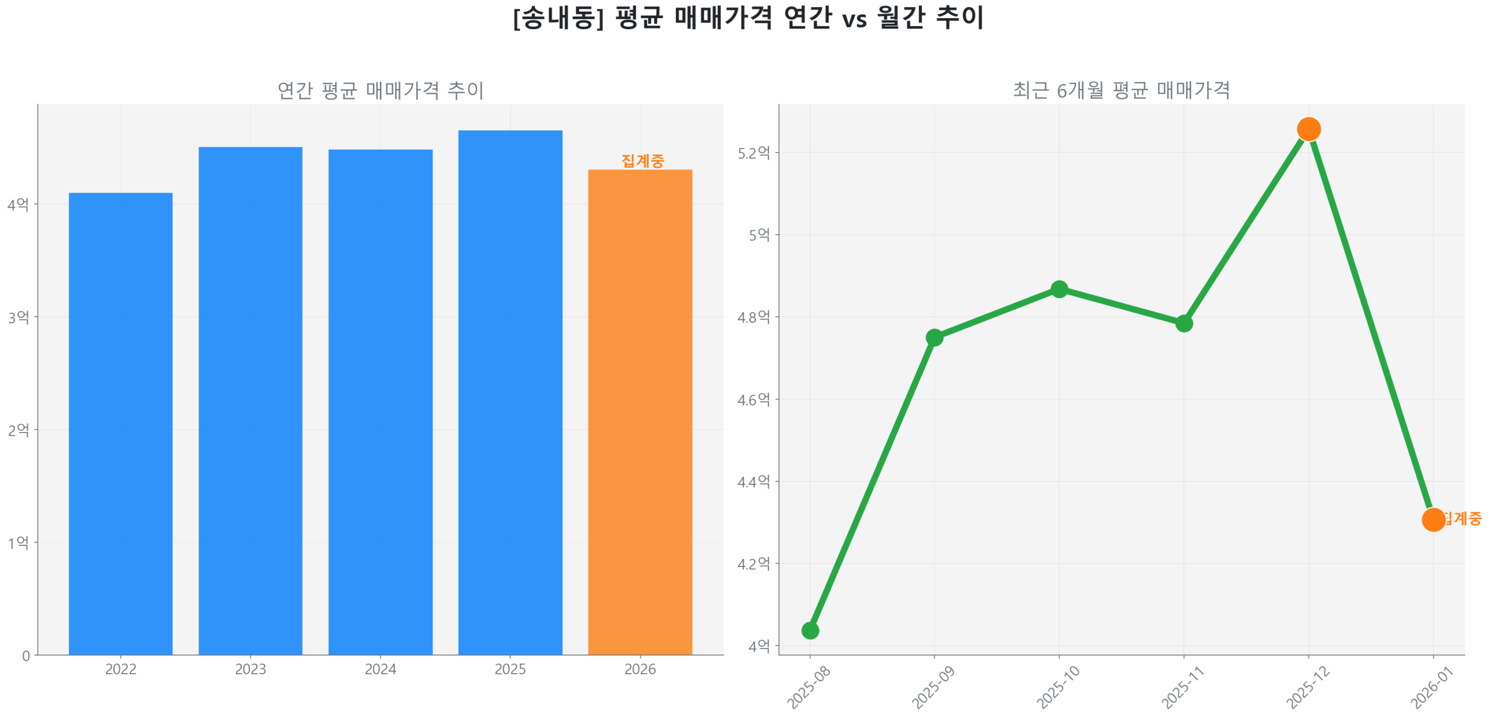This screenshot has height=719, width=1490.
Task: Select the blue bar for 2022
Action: click(120, 423)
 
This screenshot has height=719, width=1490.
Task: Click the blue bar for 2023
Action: click(250, 401)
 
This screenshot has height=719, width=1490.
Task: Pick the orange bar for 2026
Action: click(640, 412)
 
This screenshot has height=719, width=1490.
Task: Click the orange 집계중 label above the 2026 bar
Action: click(642, 161)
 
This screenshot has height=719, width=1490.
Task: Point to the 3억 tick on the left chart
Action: click(18, 317)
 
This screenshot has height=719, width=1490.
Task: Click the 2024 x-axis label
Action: click(380, 669)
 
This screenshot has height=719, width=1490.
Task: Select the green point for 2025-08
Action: click(810, 631)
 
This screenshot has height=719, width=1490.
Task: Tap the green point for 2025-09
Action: click(934, 338)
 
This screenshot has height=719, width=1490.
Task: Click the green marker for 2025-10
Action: click(1059, 289)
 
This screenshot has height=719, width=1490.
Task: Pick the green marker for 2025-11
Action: click(1183, 323)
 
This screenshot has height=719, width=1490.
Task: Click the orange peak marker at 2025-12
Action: click(1308, 129)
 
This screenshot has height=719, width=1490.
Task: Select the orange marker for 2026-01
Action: click(1432, 519)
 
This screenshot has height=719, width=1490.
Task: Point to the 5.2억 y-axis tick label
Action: click(753, 153)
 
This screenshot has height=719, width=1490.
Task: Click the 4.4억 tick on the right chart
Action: click(753, 481)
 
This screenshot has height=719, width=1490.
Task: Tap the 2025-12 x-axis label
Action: click(1307, 687)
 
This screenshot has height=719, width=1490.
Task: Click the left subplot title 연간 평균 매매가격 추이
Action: click(380, 90)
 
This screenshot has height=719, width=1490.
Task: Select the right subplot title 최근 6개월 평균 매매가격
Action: click(1121, 90)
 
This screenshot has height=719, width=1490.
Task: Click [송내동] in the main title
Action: click(558, 18)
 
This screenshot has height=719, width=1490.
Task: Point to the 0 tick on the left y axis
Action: click(26, 656)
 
